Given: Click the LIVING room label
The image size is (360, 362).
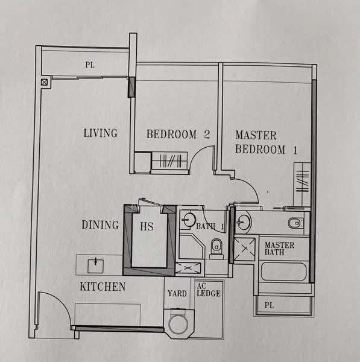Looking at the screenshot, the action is click(100, 133).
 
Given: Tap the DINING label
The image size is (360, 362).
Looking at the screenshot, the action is click(100, 225).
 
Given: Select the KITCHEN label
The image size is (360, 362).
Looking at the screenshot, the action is click(103, 287).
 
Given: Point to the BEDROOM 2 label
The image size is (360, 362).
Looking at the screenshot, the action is click(178, 134).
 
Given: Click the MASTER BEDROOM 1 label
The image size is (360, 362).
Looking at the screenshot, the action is click(267, 142).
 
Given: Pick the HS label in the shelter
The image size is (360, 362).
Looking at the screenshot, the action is click(147, 226).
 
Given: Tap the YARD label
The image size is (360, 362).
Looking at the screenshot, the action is click(177, 293).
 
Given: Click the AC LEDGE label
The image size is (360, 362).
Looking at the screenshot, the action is click(209, 290).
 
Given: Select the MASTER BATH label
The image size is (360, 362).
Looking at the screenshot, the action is click(279, 249).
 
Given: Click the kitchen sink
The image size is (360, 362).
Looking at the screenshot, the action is click(95, 266).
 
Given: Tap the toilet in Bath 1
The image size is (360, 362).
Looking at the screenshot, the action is click(216, 249).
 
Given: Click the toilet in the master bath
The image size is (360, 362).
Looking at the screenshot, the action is click(295, 223).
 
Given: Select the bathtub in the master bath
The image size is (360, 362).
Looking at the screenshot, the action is click(283, 271).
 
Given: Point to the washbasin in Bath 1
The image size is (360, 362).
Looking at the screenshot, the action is click(189, 220).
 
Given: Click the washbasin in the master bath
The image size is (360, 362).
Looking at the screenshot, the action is click(243, 222).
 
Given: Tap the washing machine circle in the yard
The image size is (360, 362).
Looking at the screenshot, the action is click(178, 324).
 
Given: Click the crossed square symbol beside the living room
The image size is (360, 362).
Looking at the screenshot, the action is click(44, 82).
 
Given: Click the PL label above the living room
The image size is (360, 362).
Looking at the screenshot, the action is click(90, 65).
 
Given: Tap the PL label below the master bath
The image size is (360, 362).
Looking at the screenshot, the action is click(269, 305).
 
